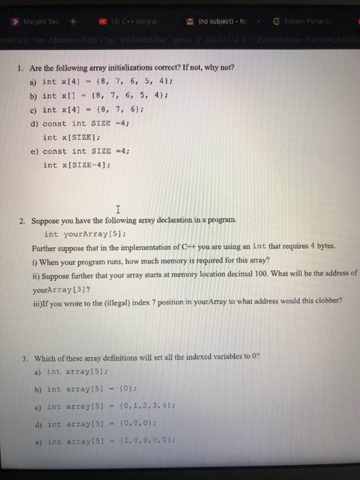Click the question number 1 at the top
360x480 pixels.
pyautogui.click(x=22, y=69)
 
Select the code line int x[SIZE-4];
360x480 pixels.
pyautogui.click(x=77, y=165)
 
